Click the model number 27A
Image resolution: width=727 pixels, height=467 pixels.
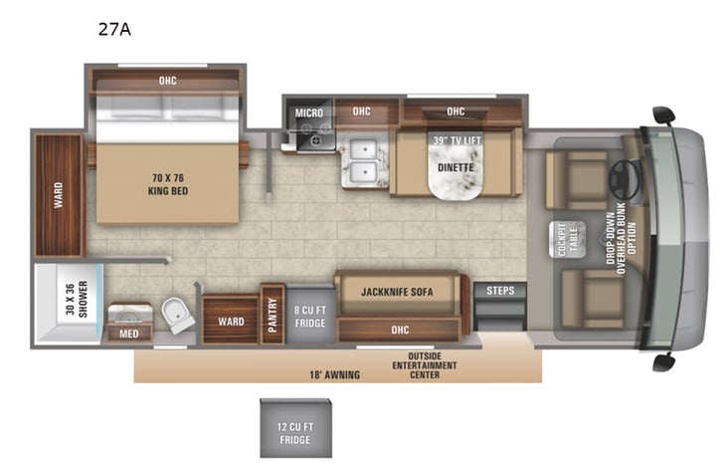pos(114,29)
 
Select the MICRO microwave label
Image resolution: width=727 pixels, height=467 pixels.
pos(309,114)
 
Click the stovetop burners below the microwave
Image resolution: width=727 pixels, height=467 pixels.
pos(318,140)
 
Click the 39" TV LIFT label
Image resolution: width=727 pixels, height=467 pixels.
pos(456,140)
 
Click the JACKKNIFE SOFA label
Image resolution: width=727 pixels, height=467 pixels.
pos(397,292)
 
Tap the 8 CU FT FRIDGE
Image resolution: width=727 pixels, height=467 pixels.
pos(309,315)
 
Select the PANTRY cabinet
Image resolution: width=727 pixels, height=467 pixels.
pos(273,315)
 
